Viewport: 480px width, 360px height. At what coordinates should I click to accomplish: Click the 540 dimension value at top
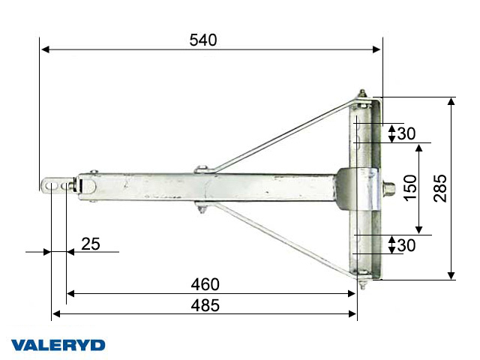(203, 40)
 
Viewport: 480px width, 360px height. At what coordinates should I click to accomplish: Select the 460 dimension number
(204, 284)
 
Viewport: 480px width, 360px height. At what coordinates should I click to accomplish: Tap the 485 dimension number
(204, 305)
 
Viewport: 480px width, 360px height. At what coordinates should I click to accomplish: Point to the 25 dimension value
(91, 244)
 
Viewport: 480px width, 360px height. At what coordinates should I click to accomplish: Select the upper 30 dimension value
(406, 133)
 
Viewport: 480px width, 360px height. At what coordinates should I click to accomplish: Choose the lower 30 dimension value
(406, 244)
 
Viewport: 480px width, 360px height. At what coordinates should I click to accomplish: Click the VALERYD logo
(58, 345)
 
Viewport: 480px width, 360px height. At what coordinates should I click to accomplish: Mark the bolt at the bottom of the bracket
(362, 283)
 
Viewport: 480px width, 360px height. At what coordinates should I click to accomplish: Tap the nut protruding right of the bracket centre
(390, 186)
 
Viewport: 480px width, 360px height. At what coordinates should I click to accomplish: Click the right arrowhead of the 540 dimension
(377, 49)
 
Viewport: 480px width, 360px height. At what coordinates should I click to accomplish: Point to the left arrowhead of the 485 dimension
(55, 314)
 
